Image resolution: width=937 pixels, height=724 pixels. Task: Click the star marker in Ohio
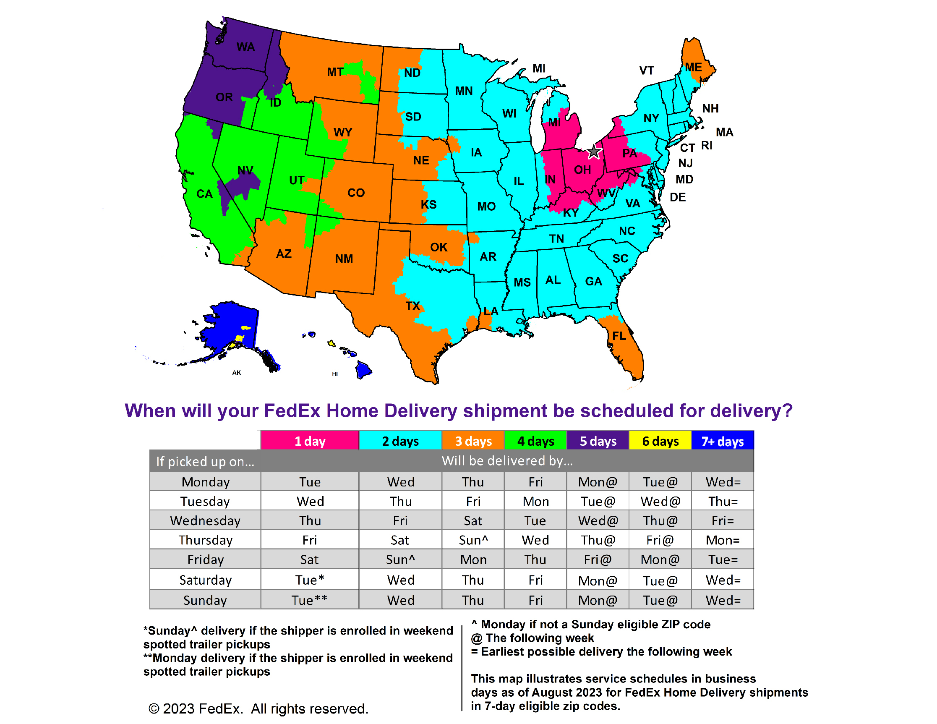[x=594, y=152]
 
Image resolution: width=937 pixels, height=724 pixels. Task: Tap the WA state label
[x=245, y=47]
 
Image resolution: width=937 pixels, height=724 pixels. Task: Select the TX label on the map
[x=413, y=306]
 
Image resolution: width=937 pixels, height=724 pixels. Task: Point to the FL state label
[x=619, y=336]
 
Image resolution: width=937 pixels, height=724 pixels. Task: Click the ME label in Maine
[x=693, y=68]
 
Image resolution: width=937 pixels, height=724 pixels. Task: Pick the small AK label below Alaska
[x=236, y=373]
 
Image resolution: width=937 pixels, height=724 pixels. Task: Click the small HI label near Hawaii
[x=335, y=374]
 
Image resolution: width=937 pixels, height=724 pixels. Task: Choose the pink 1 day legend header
[x=310, y=441]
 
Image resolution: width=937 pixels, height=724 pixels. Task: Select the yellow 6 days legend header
[x=660, y=441]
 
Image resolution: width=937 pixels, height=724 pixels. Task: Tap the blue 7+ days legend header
[x=722, y=441]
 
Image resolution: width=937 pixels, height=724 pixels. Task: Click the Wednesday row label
[x=205, y=520]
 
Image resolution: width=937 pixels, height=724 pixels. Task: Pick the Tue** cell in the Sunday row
[x=309, y=600]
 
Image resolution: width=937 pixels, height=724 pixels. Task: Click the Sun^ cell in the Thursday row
[x=473, y=540]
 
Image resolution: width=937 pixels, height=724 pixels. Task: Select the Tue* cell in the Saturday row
[x=309, y=580]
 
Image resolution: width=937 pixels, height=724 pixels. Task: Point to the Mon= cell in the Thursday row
[x=723, y=540]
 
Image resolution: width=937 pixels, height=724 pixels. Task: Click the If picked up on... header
[x=205, y=461]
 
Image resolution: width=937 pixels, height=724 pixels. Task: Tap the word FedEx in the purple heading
[x=292, y=411]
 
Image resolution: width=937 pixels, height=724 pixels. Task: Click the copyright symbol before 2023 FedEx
[x=154, y=708]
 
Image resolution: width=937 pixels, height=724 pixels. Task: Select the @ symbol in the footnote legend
[x=476, y=638]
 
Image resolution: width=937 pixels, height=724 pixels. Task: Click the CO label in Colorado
[x=356, y=193]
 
